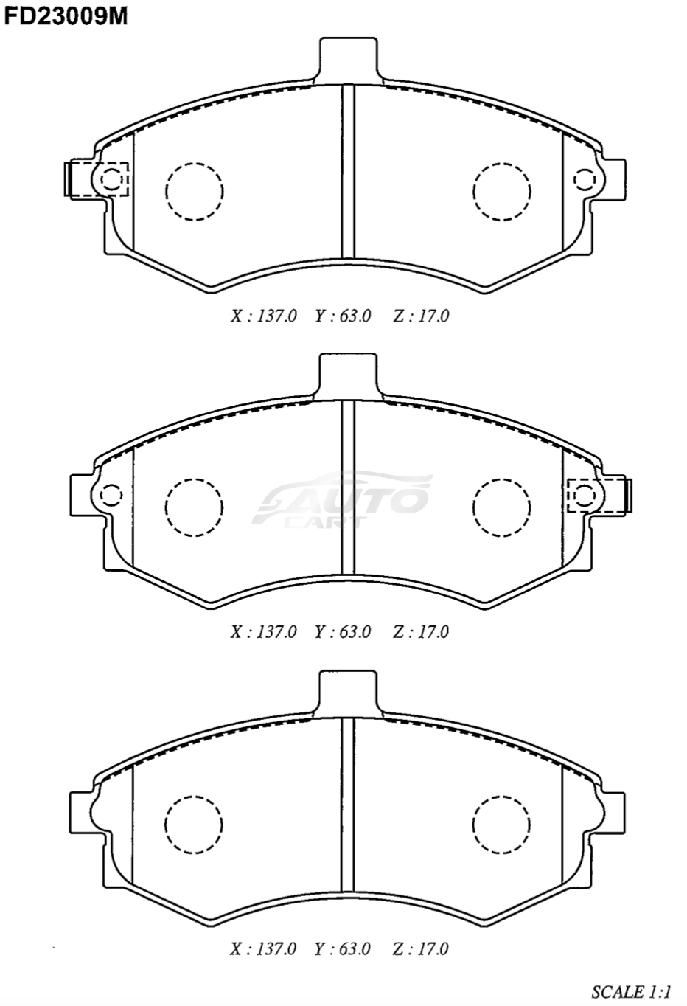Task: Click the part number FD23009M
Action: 66,17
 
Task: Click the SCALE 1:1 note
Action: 630,991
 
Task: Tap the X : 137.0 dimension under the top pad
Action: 264,316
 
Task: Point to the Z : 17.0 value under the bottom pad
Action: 420,948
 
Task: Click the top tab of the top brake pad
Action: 348,60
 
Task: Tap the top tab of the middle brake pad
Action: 348,376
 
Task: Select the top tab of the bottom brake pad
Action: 348,693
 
